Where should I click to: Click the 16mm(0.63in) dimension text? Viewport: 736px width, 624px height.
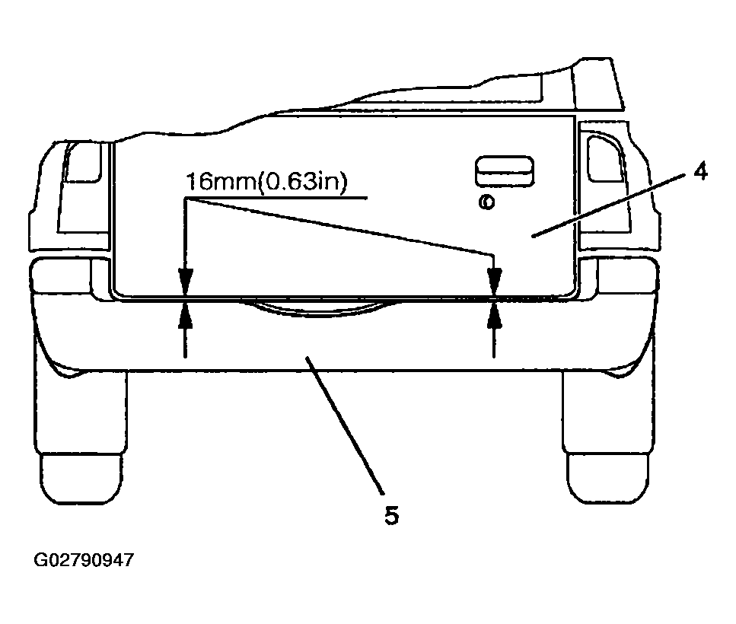[266, 182]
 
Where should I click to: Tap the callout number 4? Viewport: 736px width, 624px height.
[700, 171]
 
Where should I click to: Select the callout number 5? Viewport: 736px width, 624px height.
[391, 515]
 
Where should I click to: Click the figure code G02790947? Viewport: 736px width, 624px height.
[84, 560]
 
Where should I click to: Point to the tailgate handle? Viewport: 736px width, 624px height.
[505, 171]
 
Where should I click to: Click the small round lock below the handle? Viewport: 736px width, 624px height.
[487, 202]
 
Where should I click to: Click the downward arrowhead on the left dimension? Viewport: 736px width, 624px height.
[186, 282]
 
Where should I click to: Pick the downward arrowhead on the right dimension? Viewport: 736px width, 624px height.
[494, 282]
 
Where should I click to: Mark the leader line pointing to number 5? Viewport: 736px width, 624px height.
[345, 425]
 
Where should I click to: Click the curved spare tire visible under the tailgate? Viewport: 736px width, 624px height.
[319, 310]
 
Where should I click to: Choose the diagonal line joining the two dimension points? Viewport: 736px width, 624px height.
[339, 228]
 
